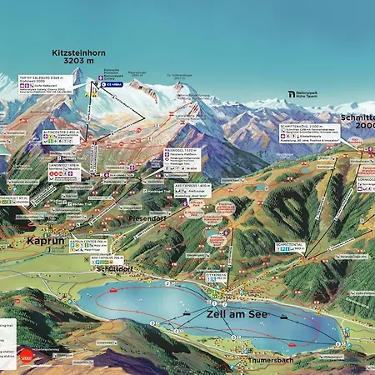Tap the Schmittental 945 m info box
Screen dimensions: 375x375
(291, 247)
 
